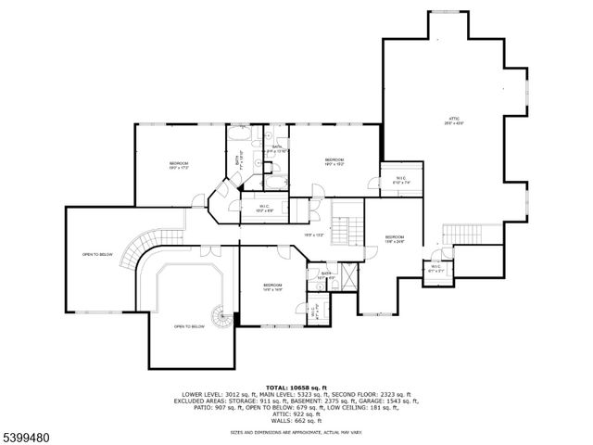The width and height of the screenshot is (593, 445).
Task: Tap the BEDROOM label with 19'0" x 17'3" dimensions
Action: [x=179, y=163]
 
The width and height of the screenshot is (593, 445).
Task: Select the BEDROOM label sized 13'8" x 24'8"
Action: [x=396, y=239]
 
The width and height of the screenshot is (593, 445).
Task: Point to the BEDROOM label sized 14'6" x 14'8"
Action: [x=271, y=286]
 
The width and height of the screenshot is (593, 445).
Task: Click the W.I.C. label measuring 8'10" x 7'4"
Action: [x=400, y=180]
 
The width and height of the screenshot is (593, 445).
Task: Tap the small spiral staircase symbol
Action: [x=221, y=318]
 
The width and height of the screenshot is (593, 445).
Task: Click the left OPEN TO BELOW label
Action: [x=97, y=254]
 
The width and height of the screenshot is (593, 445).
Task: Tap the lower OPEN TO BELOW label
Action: [x=189, y=326]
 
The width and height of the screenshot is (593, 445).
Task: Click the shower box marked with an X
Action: [x=348, y=274]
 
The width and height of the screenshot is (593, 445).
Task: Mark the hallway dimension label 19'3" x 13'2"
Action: [x=314, y=235]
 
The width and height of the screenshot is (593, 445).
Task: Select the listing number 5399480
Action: [x=28, y=432]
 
